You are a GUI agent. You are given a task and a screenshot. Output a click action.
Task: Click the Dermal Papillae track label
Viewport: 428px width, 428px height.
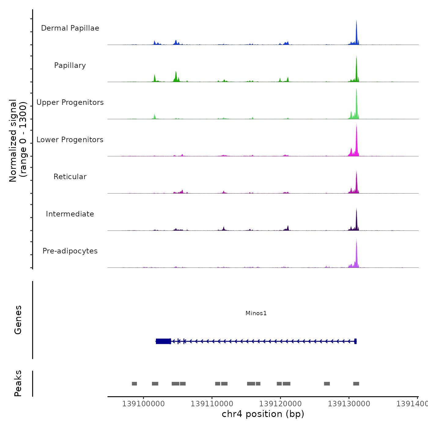[x=70, y=28]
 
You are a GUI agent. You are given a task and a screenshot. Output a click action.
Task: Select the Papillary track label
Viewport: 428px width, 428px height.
[x=70, y=65]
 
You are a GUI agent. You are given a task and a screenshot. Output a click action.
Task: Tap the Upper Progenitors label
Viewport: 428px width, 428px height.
[x=70, y=102]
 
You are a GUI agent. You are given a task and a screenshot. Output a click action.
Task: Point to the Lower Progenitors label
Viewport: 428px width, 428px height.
[x=70, y=140]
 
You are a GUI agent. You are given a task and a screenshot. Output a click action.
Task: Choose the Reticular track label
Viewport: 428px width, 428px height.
[x=70, y=177]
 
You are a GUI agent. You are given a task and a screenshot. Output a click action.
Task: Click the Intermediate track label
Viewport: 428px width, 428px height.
[x=70, y=214]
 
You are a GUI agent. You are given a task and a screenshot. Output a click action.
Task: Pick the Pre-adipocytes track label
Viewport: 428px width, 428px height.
[x=70, y=251]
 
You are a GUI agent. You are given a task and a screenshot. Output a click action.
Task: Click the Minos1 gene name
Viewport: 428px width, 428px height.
[x=256, y=313]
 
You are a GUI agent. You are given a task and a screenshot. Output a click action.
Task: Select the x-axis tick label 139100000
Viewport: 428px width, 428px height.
[x=143, y=404]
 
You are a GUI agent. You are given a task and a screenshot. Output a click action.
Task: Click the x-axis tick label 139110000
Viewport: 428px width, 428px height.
[x=212, y=404]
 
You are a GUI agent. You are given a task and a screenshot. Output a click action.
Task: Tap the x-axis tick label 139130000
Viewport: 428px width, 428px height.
[x=349, y=404]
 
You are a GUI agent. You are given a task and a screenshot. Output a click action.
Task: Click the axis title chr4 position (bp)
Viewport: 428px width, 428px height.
[x=263, y=414]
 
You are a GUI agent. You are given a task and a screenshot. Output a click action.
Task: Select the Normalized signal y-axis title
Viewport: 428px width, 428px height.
[x=18, y=140]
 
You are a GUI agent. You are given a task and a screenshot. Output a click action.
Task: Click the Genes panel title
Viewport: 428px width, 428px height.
[x=18, y=320]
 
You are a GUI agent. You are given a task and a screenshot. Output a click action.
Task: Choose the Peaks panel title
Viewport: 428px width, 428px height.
[x=18, y=383]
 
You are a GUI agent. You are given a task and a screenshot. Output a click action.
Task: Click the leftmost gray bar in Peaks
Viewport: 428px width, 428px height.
[x=135, y=384]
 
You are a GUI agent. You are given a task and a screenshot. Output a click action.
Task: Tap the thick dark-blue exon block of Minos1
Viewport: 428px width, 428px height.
[x=163, y=341]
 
